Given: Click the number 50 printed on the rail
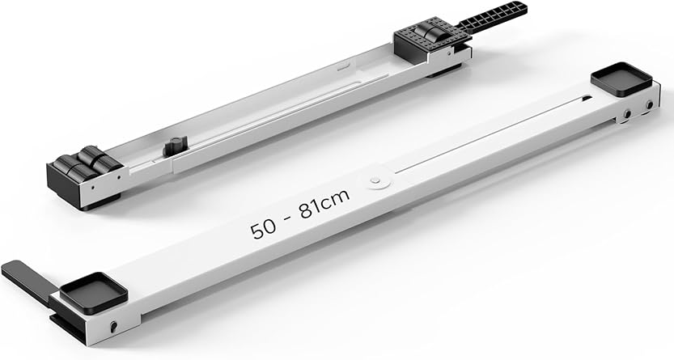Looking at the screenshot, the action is click(x=263, y=229).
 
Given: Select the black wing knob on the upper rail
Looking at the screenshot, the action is click(x=175, y=146).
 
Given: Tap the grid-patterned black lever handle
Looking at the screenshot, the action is click(x=491, y=16).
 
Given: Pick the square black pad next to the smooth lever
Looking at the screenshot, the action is click(x=93, y=292).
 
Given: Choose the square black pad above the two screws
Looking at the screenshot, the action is click(x=621, y=79).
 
